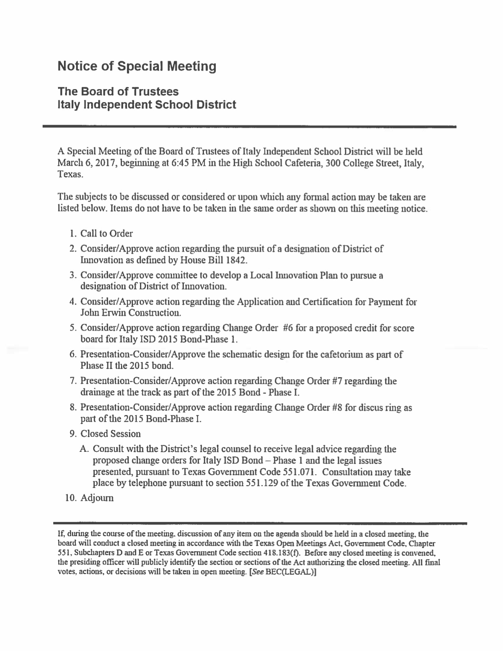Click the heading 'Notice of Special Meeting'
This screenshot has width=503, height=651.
137,66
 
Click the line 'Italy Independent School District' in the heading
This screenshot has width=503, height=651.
147,105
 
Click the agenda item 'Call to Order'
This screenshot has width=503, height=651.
107,234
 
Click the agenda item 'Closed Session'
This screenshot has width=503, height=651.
110,434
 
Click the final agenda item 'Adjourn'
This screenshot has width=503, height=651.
97,498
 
